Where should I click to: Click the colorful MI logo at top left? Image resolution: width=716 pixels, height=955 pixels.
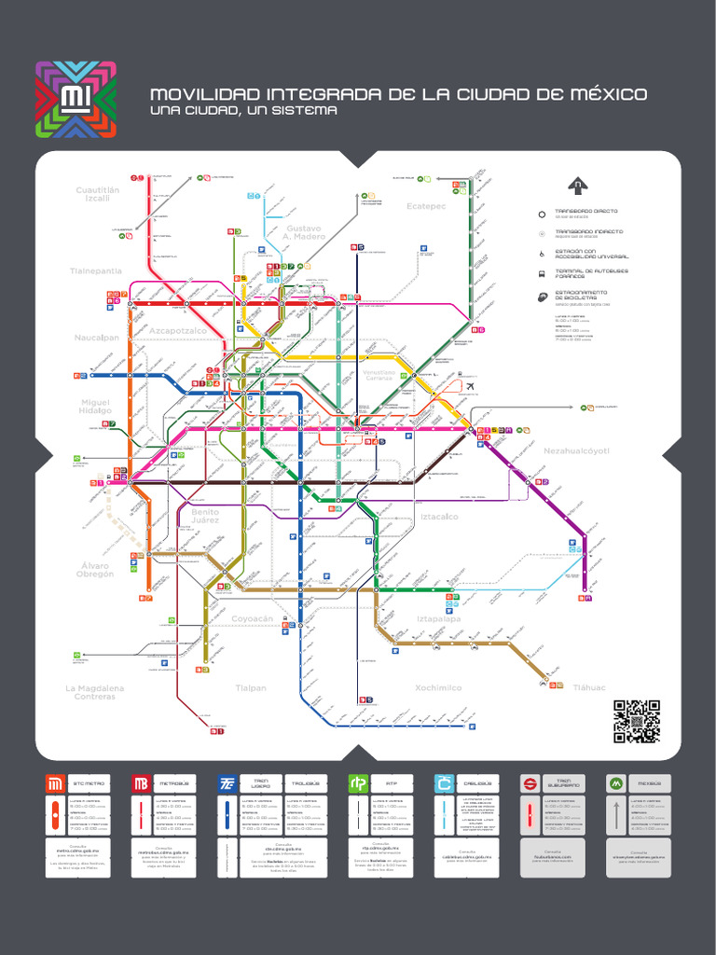[76, 100]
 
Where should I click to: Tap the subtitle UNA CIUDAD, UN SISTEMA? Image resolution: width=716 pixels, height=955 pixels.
[243, 111]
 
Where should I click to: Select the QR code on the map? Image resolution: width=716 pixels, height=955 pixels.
[637, 721]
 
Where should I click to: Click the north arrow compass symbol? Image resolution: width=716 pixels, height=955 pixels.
[580, 185]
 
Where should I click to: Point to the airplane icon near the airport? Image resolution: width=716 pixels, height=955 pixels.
[469, 386]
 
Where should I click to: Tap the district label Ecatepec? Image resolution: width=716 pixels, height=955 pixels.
[426, 205]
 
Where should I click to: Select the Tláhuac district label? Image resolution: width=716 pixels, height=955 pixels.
[589, 687]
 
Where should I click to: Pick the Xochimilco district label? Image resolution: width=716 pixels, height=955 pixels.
[438, 687]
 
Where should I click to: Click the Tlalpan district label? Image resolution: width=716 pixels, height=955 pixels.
[251, 687]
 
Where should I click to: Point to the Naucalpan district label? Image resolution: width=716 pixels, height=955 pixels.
[97, 338]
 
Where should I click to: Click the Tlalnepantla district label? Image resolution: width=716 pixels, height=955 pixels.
[96, 270]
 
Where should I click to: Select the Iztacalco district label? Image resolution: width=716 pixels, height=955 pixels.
[439, 516]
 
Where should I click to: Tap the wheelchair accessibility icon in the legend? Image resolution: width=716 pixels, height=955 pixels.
[542, 254]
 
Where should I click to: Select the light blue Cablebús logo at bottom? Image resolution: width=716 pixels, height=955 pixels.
[444, 783]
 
